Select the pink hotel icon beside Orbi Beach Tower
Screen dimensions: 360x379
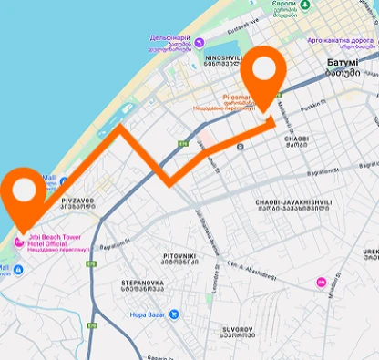[x=20, y=242]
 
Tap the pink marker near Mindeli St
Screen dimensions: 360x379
[x=321, y=282]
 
